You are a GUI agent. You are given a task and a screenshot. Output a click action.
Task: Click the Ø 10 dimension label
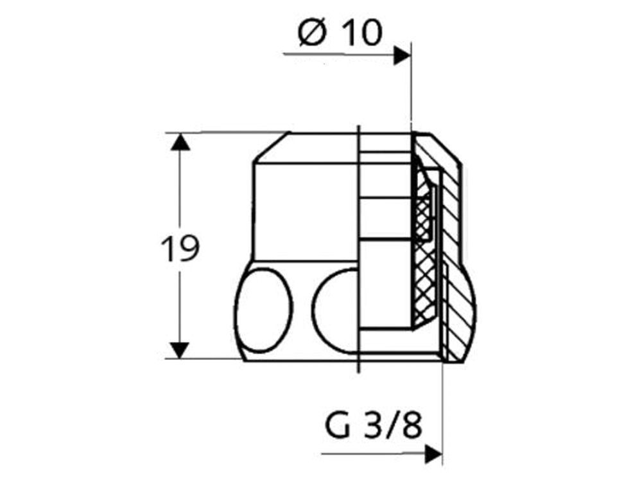(340, 32)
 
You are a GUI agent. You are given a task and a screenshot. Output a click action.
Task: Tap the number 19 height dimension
(180, 248)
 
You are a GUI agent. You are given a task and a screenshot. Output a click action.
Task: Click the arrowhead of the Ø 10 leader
(402, 55)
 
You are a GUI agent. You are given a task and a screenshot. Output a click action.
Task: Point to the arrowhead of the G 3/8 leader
(433, 454)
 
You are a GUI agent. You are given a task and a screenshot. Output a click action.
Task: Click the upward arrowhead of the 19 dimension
(180, 141)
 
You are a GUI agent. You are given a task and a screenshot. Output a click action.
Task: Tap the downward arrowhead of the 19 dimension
(180, 350)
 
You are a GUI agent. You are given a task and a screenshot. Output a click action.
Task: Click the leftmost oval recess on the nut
(264, 310)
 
